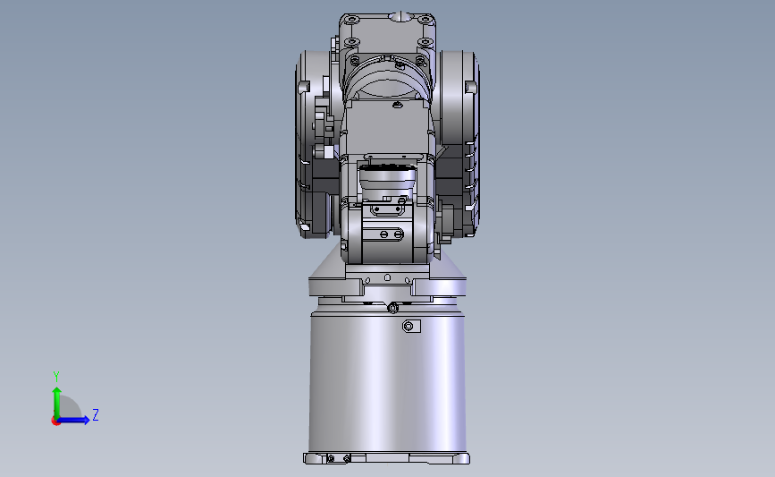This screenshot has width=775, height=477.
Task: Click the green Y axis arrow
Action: (57, 403)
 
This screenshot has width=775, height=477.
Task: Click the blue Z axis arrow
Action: (73, 420)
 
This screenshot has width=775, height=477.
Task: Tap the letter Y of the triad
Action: (56, 377)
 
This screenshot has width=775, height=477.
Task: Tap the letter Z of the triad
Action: (96, 414)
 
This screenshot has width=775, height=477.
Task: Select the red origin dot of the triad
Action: (55, 422)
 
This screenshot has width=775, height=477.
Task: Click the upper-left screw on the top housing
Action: (351, 20)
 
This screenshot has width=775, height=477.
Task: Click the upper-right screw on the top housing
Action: (425, 20)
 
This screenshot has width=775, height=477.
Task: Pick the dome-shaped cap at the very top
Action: (400, 17)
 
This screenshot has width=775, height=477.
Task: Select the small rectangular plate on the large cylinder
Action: (411, 326)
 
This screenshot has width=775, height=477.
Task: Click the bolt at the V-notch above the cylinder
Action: (393, 309)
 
